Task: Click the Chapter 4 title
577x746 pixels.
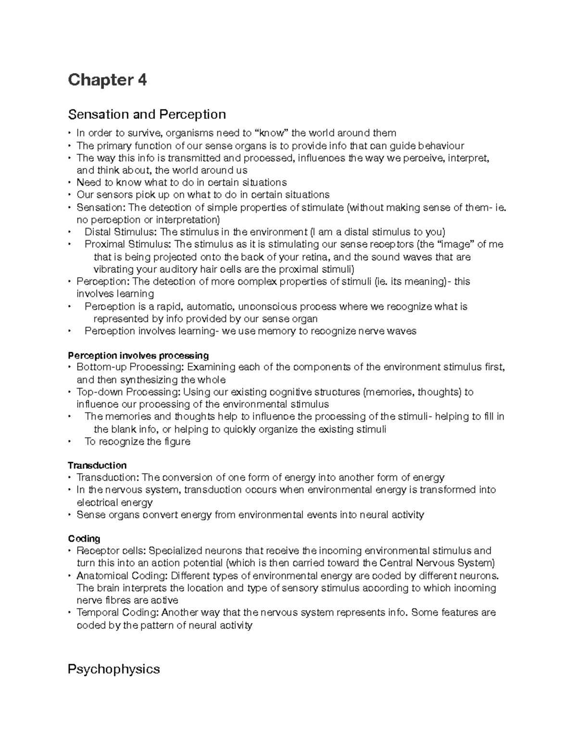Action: [107, 80]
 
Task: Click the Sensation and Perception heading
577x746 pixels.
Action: [147, 114]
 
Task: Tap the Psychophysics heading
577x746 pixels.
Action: [113, 669]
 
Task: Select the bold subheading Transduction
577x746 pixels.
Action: [97, 465]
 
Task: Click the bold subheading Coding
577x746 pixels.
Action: [84, 538]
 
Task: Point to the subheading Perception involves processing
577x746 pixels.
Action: [138, 355]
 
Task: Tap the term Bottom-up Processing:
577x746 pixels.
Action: [130, 367]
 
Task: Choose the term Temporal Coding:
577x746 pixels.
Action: [118, 612]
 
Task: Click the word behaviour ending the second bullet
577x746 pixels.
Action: [441, 146]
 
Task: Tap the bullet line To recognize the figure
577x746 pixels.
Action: [138, 441]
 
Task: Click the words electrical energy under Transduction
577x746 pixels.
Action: [114, 502]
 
